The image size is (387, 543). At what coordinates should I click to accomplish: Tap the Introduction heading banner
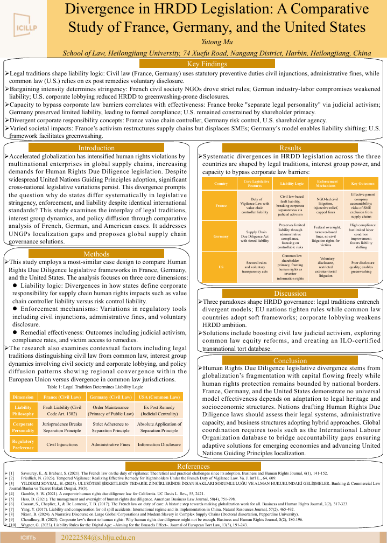click(96, 148)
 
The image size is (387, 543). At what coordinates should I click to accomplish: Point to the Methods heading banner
click(96, 254)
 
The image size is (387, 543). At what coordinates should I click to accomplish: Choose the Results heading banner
click(290, 148)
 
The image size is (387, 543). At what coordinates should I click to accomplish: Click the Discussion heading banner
click(290, 294)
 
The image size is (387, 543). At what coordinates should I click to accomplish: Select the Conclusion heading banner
click(290, 361)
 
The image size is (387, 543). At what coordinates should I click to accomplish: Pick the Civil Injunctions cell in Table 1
click(62, 444)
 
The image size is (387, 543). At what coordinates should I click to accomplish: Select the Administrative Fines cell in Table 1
click(110, 444)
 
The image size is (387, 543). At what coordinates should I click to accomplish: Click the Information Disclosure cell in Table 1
click(159, 444)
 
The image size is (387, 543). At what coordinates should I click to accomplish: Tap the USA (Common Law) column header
click(159, 397)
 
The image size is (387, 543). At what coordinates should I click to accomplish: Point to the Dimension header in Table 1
click(23, 397)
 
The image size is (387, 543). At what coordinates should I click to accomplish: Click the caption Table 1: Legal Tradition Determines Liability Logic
click(95, 387)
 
